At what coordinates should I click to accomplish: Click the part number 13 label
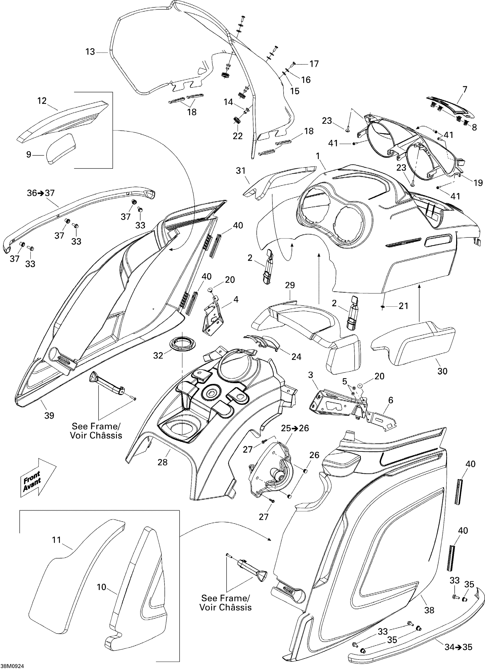tap(90, 52)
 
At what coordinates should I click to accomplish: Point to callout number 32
tap(158, 355)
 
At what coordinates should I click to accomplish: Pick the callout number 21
tap(403, 306)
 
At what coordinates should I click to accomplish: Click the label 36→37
tap(41, 193)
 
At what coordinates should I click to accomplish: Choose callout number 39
tap(49, 415)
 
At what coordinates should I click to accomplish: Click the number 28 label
tap(162, 462)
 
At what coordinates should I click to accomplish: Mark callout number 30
tap(443, 371)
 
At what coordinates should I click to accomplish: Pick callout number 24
tap(296, 357)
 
